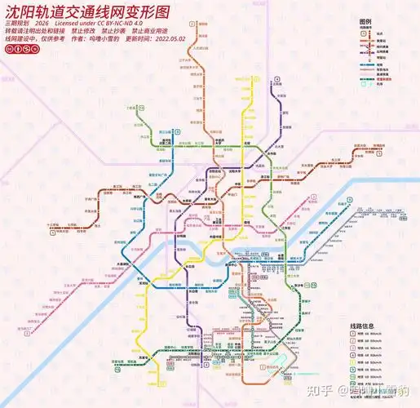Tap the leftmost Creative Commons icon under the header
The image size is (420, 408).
(8, 50)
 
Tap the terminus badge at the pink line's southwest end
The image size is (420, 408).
(27, 333)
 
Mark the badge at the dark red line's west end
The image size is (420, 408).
(52, 233)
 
